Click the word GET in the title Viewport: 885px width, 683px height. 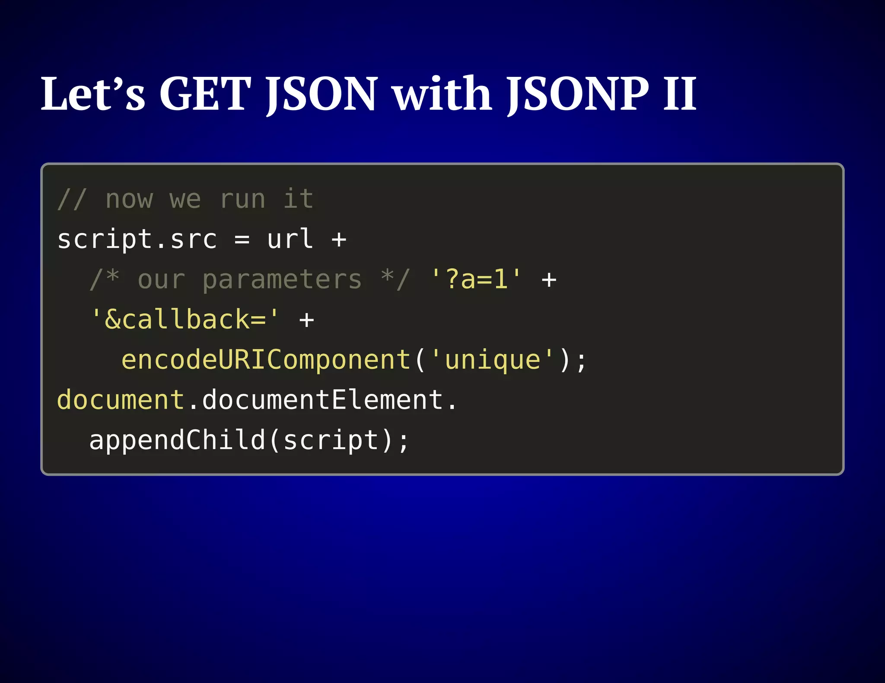(205, 94)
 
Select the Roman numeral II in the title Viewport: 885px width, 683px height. (680, 94)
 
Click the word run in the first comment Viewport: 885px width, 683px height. (242, 199)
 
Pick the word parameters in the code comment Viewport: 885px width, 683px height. (282, 280)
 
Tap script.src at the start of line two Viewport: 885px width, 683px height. (137, 240)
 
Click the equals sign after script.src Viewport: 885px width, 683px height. (242, 240)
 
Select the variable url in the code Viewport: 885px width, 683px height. (290, 240)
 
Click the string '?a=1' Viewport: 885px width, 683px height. (476, 280)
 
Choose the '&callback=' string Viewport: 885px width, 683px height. (185, 320)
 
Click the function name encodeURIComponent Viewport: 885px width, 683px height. (266, 360)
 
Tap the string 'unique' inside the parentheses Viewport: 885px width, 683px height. (493, 360)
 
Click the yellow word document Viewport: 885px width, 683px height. (121, 400)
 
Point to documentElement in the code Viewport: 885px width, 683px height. (322, 400)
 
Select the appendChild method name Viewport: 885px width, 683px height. (177, 440)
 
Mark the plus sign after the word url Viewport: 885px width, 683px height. (339, 240)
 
